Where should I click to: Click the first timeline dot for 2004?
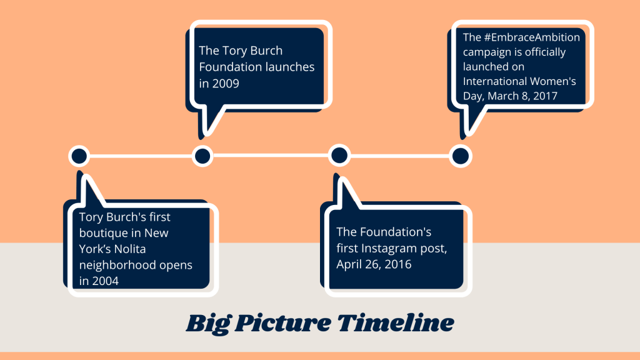point(79,156)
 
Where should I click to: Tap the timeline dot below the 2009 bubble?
point(202,156)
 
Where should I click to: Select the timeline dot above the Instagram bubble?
point(339,156)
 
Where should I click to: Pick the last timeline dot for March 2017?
point(461,156)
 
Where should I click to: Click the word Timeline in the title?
point(395,323)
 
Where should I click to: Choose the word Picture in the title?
point(283,323)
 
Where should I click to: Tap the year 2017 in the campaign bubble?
point(545,96)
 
